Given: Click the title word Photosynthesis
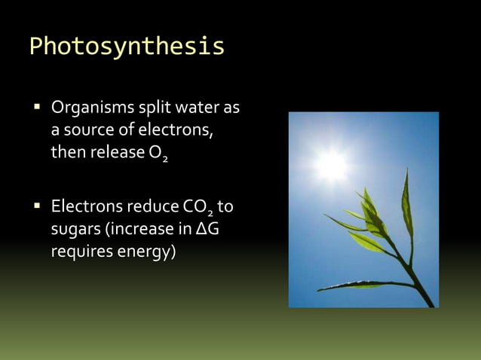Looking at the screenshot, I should click(127, 47).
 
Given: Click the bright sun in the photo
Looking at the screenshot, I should click(332, 165).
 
